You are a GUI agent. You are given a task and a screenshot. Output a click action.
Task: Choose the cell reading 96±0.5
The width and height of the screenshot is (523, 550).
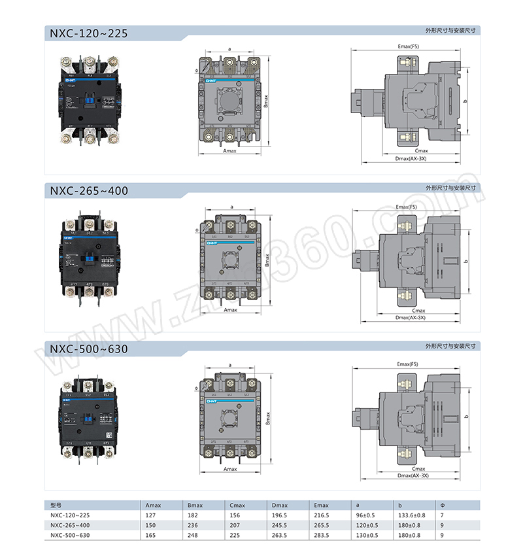(366, 515)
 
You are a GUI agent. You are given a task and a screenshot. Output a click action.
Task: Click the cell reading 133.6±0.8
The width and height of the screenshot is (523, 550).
(411, 515)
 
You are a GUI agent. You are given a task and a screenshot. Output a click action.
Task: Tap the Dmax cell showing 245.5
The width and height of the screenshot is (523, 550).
(280, 525)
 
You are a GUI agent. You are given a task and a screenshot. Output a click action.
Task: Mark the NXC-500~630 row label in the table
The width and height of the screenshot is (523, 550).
(70, 536)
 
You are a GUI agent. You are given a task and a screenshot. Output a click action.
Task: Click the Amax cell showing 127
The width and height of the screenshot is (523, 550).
(151, 515)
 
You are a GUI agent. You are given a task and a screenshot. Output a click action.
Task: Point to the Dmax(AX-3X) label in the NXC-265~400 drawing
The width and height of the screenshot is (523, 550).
(411, 318)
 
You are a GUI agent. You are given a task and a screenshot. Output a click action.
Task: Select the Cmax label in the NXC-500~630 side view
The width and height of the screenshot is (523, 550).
(418, 469)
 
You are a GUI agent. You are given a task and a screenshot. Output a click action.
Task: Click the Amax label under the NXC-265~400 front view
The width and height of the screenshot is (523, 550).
(229, 309)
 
